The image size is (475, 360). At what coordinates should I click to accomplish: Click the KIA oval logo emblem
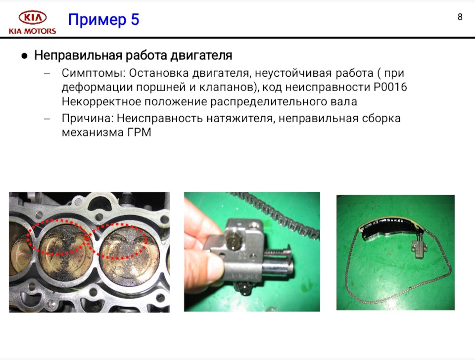(33, 18)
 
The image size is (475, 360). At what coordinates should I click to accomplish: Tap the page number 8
(460, 17)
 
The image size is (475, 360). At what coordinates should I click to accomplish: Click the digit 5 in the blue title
(135, 19)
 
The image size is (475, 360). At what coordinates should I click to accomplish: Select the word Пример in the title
(97, 20)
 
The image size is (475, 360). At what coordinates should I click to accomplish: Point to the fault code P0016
(390, 87)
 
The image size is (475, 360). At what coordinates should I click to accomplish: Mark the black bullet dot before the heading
(25, 56)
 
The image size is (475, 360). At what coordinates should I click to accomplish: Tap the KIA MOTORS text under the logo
(33, 31)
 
